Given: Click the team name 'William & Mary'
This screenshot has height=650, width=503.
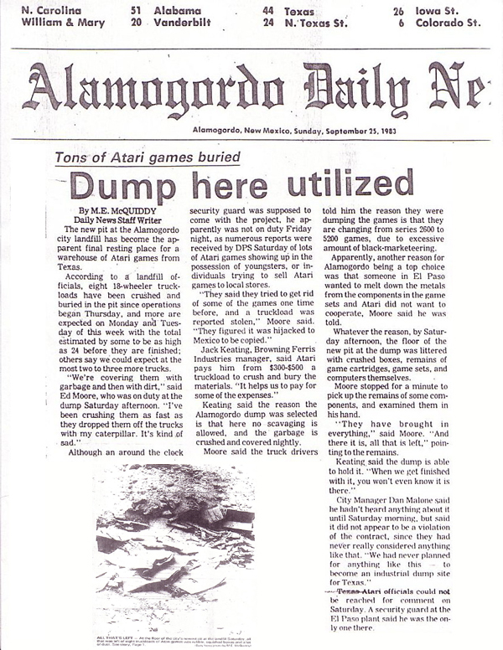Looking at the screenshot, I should tap(60, 23).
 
